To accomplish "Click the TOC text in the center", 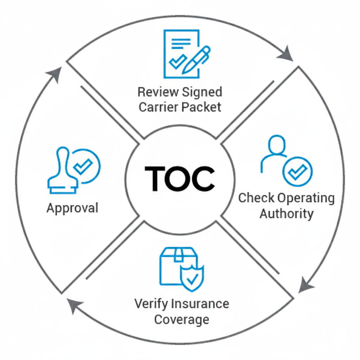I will coord(180,179).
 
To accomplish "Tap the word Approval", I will coord(72,208).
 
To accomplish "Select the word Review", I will coord(157,92).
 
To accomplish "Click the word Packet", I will coord(201,107).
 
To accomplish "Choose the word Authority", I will coord(286,213).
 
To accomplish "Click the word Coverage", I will coord(182,320).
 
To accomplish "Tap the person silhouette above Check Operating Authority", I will coord(275,152).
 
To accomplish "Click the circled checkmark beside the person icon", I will coord(297,172).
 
